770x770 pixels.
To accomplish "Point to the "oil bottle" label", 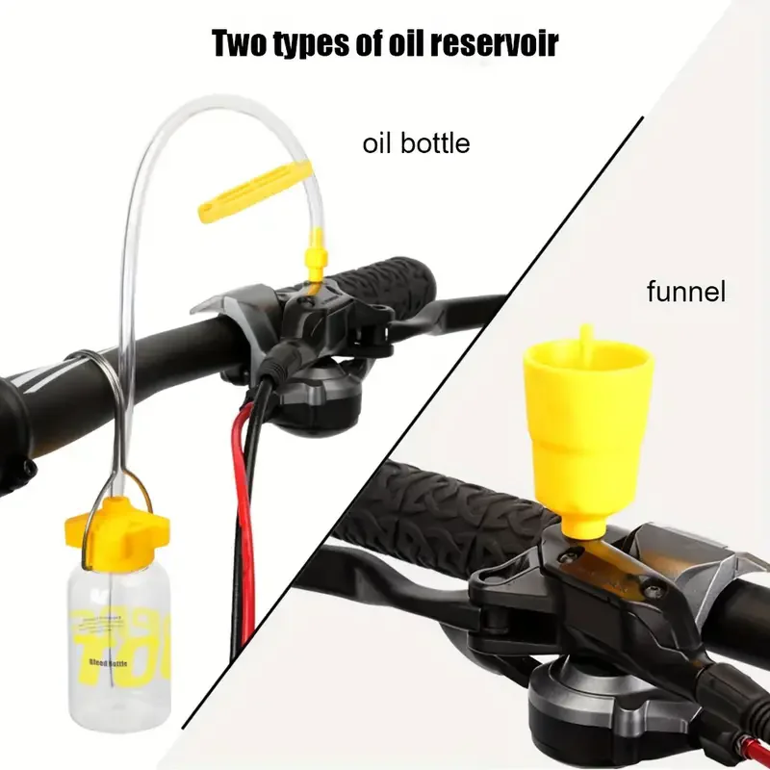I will [416, 143].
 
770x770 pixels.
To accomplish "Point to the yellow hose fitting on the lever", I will [313, 260].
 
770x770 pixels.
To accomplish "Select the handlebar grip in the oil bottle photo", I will [385, 279].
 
